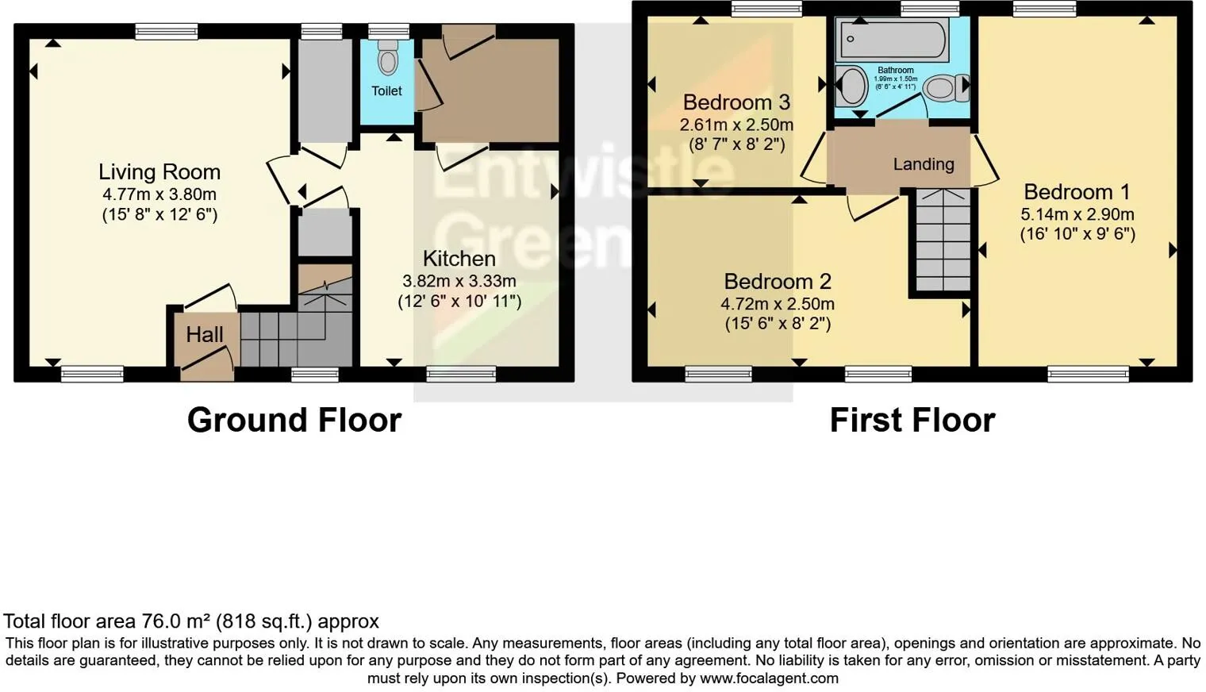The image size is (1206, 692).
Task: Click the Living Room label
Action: click(159, 172)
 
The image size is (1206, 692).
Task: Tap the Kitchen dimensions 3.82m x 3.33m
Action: click(459, 281)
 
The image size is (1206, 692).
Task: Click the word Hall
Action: click(205, 335)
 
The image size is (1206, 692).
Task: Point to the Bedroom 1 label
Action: click(1077, 192)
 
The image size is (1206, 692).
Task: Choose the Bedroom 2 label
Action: click(778, 282)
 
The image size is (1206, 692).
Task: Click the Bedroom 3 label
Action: click(736, 102)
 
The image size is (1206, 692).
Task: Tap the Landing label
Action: click(924, 164)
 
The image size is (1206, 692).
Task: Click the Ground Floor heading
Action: click(294, 420)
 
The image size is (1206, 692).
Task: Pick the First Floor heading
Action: click(912, 420)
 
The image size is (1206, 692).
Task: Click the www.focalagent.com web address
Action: click(769, 679)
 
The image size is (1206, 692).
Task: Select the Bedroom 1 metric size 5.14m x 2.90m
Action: click(1077, 214)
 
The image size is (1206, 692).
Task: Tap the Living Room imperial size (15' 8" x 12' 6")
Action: click(159, 214)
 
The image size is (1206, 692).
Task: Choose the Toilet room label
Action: click(386, 91)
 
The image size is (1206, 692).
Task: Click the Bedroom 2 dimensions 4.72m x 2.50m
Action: click(778, 304)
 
